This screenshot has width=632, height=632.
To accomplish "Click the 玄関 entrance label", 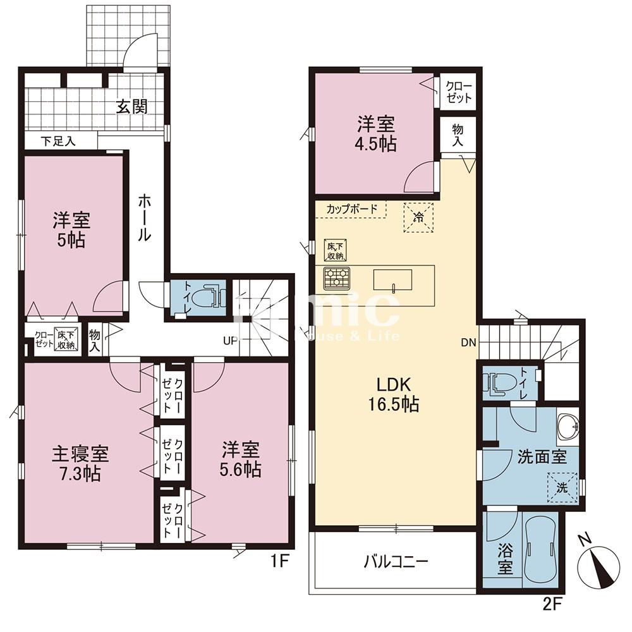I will point(131,106).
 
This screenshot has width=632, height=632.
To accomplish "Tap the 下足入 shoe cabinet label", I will point(59,141).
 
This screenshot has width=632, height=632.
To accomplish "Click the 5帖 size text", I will point(71,241).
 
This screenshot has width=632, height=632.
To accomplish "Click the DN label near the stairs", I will point(468,343).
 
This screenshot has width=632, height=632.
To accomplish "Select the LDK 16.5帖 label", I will point(395,394).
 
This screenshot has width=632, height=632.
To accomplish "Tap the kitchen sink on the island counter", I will point(392,279).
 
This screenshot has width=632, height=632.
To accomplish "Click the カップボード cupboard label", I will point(352,208).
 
